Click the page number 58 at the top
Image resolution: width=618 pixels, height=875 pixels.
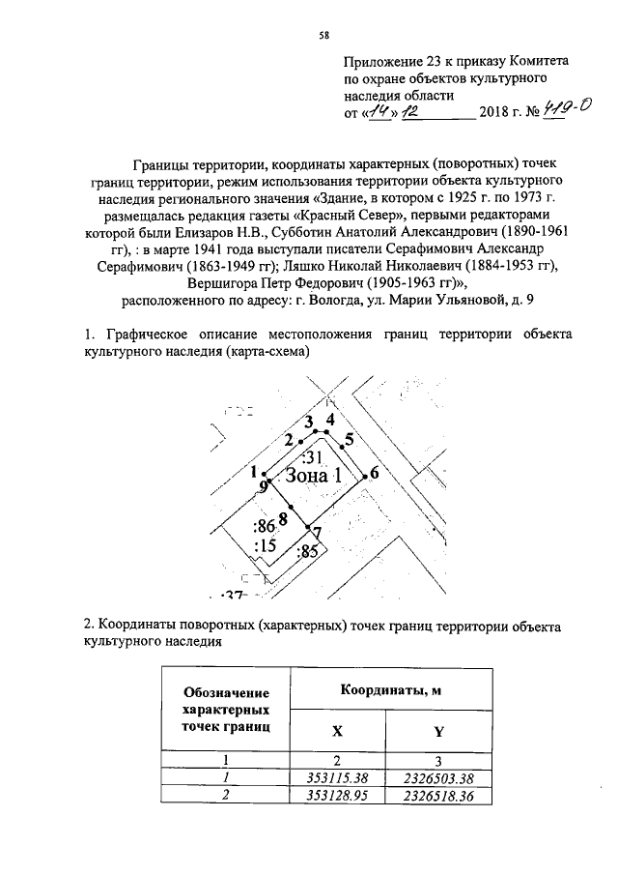pyautogui.click(x=323, y=36)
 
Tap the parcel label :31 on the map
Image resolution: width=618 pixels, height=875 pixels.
pyautogui.click(x=312, y=454)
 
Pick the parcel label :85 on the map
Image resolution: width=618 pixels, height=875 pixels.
pyautogui.click(x=308, y=553)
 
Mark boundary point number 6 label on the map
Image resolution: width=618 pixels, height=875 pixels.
pyautogui.click(x=374, y=473)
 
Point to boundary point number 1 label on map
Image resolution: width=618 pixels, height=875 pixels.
pyautogui.click(x=253, y=472)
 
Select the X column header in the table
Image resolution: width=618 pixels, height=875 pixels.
pyautogui.click(x=336, y=732)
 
